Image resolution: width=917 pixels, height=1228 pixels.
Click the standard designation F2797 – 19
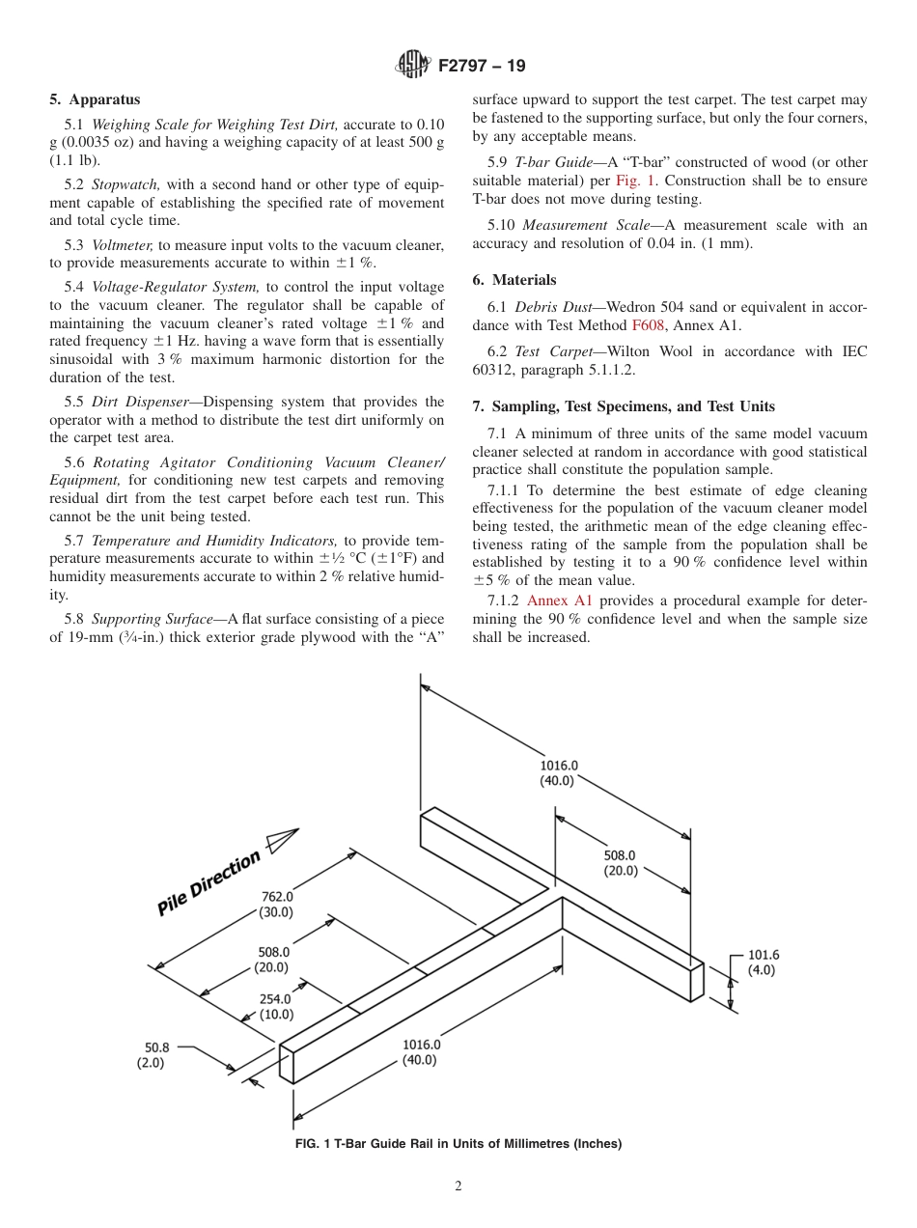click(x=482, y=67)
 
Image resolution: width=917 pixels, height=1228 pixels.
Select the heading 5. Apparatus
click(x=95, y=99)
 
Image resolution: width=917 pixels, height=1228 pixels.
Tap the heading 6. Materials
click(x=514, y=280)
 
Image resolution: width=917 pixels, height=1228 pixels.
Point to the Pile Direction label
click(x=208, y=882)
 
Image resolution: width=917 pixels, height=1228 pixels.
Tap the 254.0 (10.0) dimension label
click(x=275, y=1007)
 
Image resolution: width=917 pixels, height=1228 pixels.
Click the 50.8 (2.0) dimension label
click(x=155, y=1054)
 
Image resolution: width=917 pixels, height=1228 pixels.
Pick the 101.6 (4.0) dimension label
click(x=762, y=963)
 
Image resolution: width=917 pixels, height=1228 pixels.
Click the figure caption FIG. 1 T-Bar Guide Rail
click(x=458, y=1144)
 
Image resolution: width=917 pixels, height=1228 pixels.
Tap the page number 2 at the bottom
click(x=458, y=1186)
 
